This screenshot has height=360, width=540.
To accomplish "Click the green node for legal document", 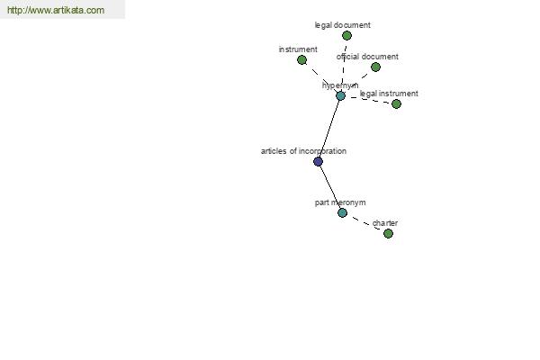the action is (x=346, y=35).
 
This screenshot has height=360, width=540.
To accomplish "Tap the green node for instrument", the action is (x=301, y=60).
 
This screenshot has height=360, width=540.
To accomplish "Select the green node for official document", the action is (x=375, y=67).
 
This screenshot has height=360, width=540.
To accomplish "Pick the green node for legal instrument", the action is (x=396, y=103).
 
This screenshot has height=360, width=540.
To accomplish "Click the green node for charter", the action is (x=388, y=234).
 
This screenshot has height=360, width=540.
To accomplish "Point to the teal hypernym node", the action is (x=340, y=95).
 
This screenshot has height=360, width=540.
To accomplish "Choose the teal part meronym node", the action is (x=342, y=213).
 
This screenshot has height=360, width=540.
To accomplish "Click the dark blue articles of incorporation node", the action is (x=319, y=161).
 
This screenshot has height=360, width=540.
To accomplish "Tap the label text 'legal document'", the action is (x=343, y=25).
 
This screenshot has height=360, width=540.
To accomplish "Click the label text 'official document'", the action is (x=367, y=57).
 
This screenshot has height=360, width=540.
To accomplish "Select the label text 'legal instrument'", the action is (x=389, y=94).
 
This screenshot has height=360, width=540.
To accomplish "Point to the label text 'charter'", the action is (x=385, y=223).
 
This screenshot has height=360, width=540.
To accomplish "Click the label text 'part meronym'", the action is (x=340, y=202).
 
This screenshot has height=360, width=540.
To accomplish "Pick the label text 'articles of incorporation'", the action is (x=304, y=151).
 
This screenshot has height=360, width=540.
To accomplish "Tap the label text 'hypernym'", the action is (x=340, y=85).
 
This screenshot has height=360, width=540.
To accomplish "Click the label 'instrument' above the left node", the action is (x=298, y=49).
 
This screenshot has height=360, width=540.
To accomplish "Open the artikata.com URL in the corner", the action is (x=56, y=10).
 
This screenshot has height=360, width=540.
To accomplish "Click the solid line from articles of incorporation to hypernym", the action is (x=329, y=129).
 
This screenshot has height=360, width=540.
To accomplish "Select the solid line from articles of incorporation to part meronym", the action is (x=330, y=187).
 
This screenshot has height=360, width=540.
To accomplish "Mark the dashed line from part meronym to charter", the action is (x=365, y=223).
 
